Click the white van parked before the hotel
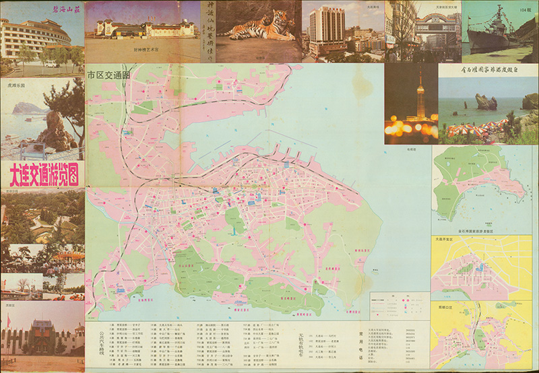click(51, 64)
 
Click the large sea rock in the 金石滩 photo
click(486, 102)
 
